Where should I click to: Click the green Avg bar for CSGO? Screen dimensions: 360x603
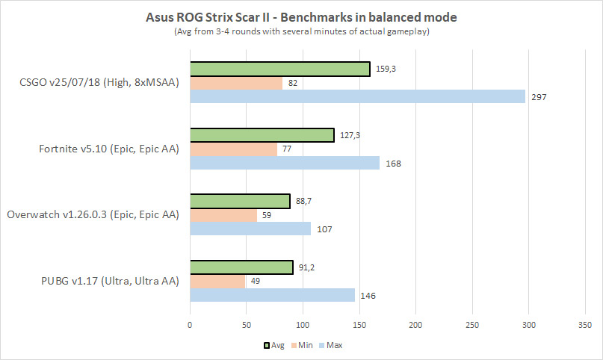tap(280, 69)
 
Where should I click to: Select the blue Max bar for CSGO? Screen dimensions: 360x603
tap(358, 96)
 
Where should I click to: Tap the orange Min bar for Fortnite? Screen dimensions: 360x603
tap(234, 149)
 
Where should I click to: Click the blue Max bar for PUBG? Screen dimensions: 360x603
tap(273, 295)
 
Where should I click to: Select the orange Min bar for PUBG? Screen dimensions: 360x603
tap(217, 282)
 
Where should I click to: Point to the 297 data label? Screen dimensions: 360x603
tap(539, 96)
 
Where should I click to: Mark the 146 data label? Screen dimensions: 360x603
tap(368, 296)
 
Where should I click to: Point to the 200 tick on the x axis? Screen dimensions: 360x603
tap(415, 325)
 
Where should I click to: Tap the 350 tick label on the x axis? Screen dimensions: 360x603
tap(585, 325)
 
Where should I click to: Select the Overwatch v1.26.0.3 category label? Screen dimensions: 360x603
tap(93, 215)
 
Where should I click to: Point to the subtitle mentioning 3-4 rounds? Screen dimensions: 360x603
tap(301, 32)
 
